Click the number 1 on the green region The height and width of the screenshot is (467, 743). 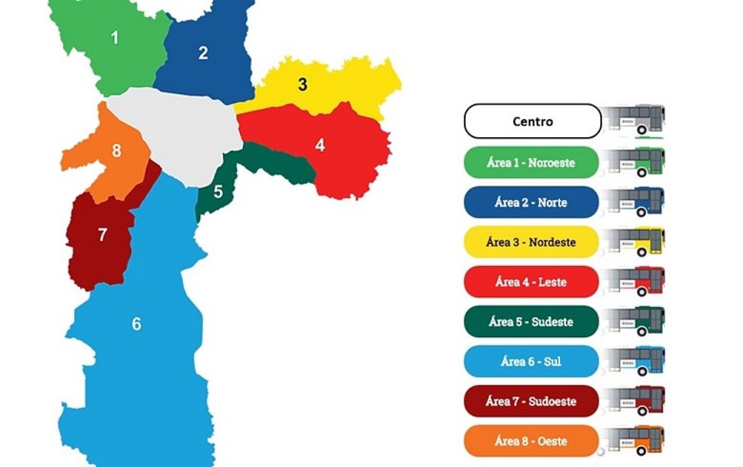115,38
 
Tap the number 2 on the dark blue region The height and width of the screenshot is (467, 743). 203,53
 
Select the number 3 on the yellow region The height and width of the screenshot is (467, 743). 302,85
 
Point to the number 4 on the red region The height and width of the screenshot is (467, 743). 319,146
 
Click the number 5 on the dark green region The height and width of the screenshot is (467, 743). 218,192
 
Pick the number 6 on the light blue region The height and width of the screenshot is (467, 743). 136,324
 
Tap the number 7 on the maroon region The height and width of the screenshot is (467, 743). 102,235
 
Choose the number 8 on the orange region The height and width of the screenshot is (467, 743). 117,151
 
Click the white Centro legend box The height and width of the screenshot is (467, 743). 532,121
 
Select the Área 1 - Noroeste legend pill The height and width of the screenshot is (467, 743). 531,162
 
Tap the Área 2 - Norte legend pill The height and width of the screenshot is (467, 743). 531,202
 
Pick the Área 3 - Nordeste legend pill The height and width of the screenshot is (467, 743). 531,242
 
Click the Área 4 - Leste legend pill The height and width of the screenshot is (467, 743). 531,282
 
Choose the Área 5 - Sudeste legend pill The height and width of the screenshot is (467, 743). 531,321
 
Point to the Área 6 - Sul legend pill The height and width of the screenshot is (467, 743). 531,361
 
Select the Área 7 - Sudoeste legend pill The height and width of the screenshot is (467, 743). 531,401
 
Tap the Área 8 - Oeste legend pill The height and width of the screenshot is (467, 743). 531,441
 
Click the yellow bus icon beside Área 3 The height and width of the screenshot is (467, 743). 636,241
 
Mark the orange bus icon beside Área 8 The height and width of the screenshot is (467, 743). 636,440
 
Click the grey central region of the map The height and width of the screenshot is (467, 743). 183,131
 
